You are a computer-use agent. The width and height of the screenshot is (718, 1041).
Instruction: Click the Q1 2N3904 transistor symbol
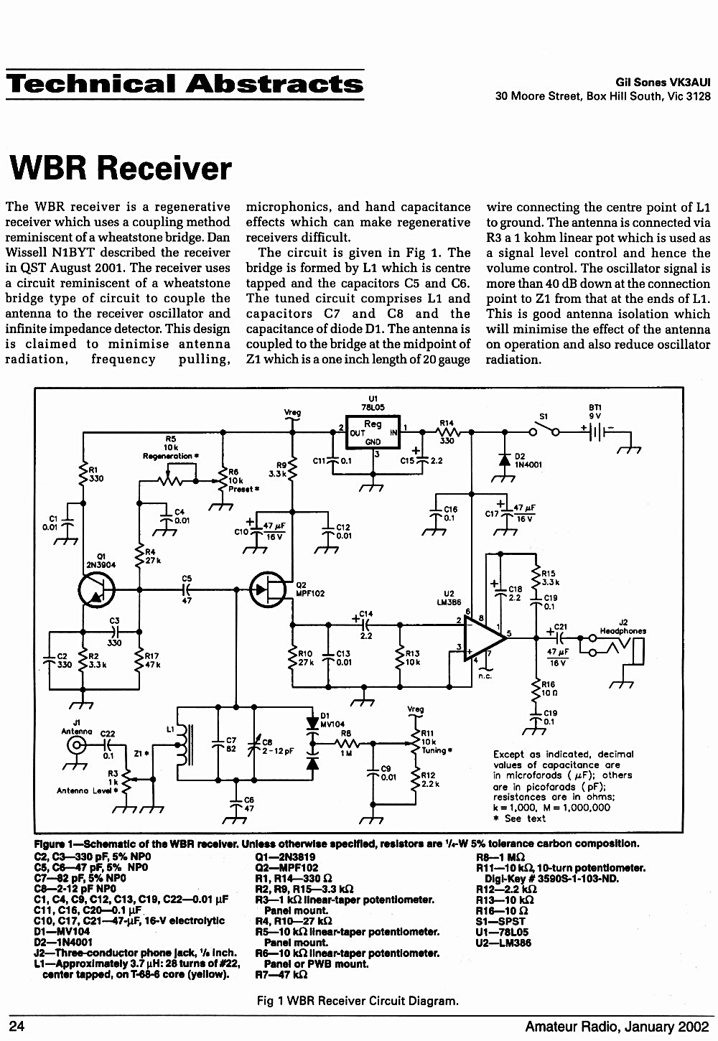[x=96, y=589]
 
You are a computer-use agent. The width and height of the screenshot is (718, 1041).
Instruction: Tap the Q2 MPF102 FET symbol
[x=268, y=589]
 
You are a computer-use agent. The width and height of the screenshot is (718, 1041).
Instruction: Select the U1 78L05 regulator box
[x=373, y=432]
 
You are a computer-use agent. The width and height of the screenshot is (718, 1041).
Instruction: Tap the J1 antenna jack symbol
[x=76, y=746]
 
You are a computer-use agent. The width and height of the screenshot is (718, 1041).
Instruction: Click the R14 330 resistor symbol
[x=447, y=433]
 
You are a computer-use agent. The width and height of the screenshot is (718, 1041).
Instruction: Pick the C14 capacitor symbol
[x=365, y=625]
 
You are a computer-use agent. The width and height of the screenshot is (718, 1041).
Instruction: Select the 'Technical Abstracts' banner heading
[x=185, y=84]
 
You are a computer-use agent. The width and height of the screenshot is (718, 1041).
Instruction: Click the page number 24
[x=17, y=1027]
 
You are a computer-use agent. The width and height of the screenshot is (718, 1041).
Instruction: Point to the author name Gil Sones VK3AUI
[x=663, y=83]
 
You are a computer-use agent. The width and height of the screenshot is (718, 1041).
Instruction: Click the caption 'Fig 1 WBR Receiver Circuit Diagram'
[x=358, y=1001]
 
